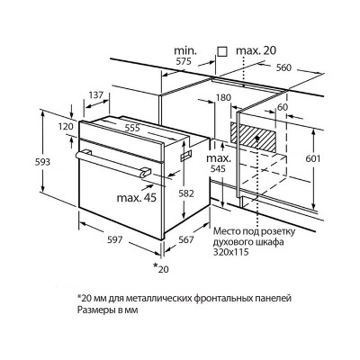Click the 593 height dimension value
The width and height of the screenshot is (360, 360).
(42, 162)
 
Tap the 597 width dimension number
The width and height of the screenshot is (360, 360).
(115, 239)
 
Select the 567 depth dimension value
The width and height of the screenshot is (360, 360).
(186, 239)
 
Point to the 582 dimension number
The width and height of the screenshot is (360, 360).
(186, 193)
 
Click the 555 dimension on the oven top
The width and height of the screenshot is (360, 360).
(132, 128)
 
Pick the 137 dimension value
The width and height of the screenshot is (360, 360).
(96, 95)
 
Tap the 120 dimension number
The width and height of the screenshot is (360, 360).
(66, 126)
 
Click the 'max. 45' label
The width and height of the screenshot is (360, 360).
(137, 198)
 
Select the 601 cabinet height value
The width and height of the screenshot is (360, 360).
(313, 158)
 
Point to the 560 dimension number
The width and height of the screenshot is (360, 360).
(283, 67)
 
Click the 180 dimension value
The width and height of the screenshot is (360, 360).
(223, 98)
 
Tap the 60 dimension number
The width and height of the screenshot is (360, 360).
(283, 107)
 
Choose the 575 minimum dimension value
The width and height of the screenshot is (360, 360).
(183, 62)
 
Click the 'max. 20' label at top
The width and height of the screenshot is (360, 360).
(256, 50)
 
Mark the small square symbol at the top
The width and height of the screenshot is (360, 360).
(222, 51)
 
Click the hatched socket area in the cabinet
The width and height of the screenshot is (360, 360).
(253, 137)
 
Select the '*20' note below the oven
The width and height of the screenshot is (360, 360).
(161, 268)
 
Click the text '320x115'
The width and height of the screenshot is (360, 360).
(231, 252)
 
